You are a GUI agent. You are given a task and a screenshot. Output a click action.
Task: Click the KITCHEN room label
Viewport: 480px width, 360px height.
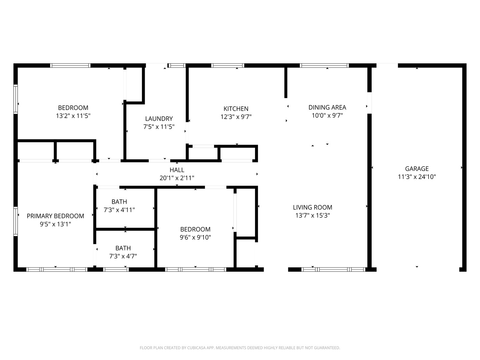pyautogui.click(x=236, y=109)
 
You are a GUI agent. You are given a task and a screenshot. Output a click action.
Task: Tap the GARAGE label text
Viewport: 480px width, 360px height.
pyautogui.click(x=417, y=169)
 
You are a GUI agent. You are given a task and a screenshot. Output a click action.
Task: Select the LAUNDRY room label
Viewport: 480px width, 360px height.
pyautogui.click(x=159, y=119)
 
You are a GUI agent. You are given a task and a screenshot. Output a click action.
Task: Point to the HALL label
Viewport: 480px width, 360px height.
pyautogui.click(x=177, y=170)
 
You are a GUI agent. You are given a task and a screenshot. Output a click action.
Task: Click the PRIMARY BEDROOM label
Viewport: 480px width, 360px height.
pyautogui.click(x=55, y=216)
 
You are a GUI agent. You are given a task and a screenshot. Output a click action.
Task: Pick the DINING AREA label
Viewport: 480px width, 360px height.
pyautogui.click(x=327, y=107)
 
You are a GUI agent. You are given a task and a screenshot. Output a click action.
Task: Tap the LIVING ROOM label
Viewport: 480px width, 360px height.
pyautogui.click(x=312, y=207)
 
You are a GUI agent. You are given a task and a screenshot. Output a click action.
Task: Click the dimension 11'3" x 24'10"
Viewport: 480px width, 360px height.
pyautogui.click(x=417, y=177)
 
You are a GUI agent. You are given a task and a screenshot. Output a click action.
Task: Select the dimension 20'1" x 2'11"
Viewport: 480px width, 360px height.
pyautogui.click(x=177, y=178)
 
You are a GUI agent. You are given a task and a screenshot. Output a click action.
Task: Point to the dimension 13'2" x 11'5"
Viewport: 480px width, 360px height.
pyautogui.click(x=73, y=116)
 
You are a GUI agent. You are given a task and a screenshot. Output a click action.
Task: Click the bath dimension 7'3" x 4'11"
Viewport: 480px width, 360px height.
pyautogui.click(x=119, y=210)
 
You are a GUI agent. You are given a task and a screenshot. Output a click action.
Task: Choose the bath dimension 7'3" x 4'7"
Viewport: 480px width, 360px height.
pyautogui.click(x=123, y=256)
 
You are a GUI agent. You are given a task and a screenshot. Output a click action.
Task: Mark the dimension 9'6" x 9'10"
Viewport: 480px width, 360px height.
pyautogui.click(x=195, y=237)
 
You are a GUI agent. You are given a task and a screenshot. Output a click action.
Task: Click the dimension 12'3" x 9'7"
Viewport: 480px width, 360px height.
pyautogui.click(x=236, y=117)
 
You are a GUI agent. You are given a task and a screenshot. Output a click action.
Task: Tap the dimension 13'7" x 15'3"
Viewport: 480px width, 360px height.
pyautogui.click(x=312, y=215)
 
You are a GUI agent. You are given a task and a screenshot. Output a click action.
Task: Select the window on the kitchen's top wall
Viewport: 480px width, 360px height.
pyautogui.click(x=228, y=65)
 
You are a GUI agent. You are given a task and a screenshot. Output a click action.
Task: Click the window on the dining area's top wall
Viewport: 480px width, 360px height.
pyautogui.click(x=324, y=65)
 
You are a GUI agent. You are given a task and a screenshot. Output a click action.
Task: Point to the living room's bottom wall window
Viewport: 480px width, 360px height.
pyautogui.click(x=333, y=270)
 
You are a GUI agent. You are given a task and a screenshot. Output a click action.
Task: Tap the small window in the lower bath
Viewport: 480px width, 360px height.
pyautogui.click(x=116, y=270)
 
